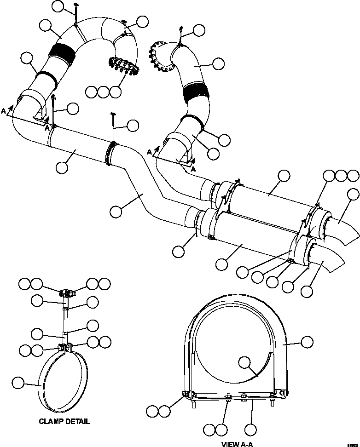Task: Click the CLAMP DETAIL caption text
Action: pyautogui.click(x=64, y=421)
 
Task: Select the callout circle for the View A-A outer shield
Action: pyautogui.click(x=307, y=342)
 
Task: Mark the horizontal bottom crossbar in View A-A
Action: pyautogui.click(x=235, y=395)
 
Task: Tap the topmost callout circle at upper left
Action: pyautogui.click(x=58, y=6)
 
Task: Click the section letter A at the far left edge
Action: pyautogui.click(x=4, y=111)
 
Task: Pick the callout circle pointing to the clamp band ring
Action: pyautogui.click(x=18, y=382)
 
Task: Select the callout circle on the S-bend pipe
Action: pyautogui.click(x=117, y=212)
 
